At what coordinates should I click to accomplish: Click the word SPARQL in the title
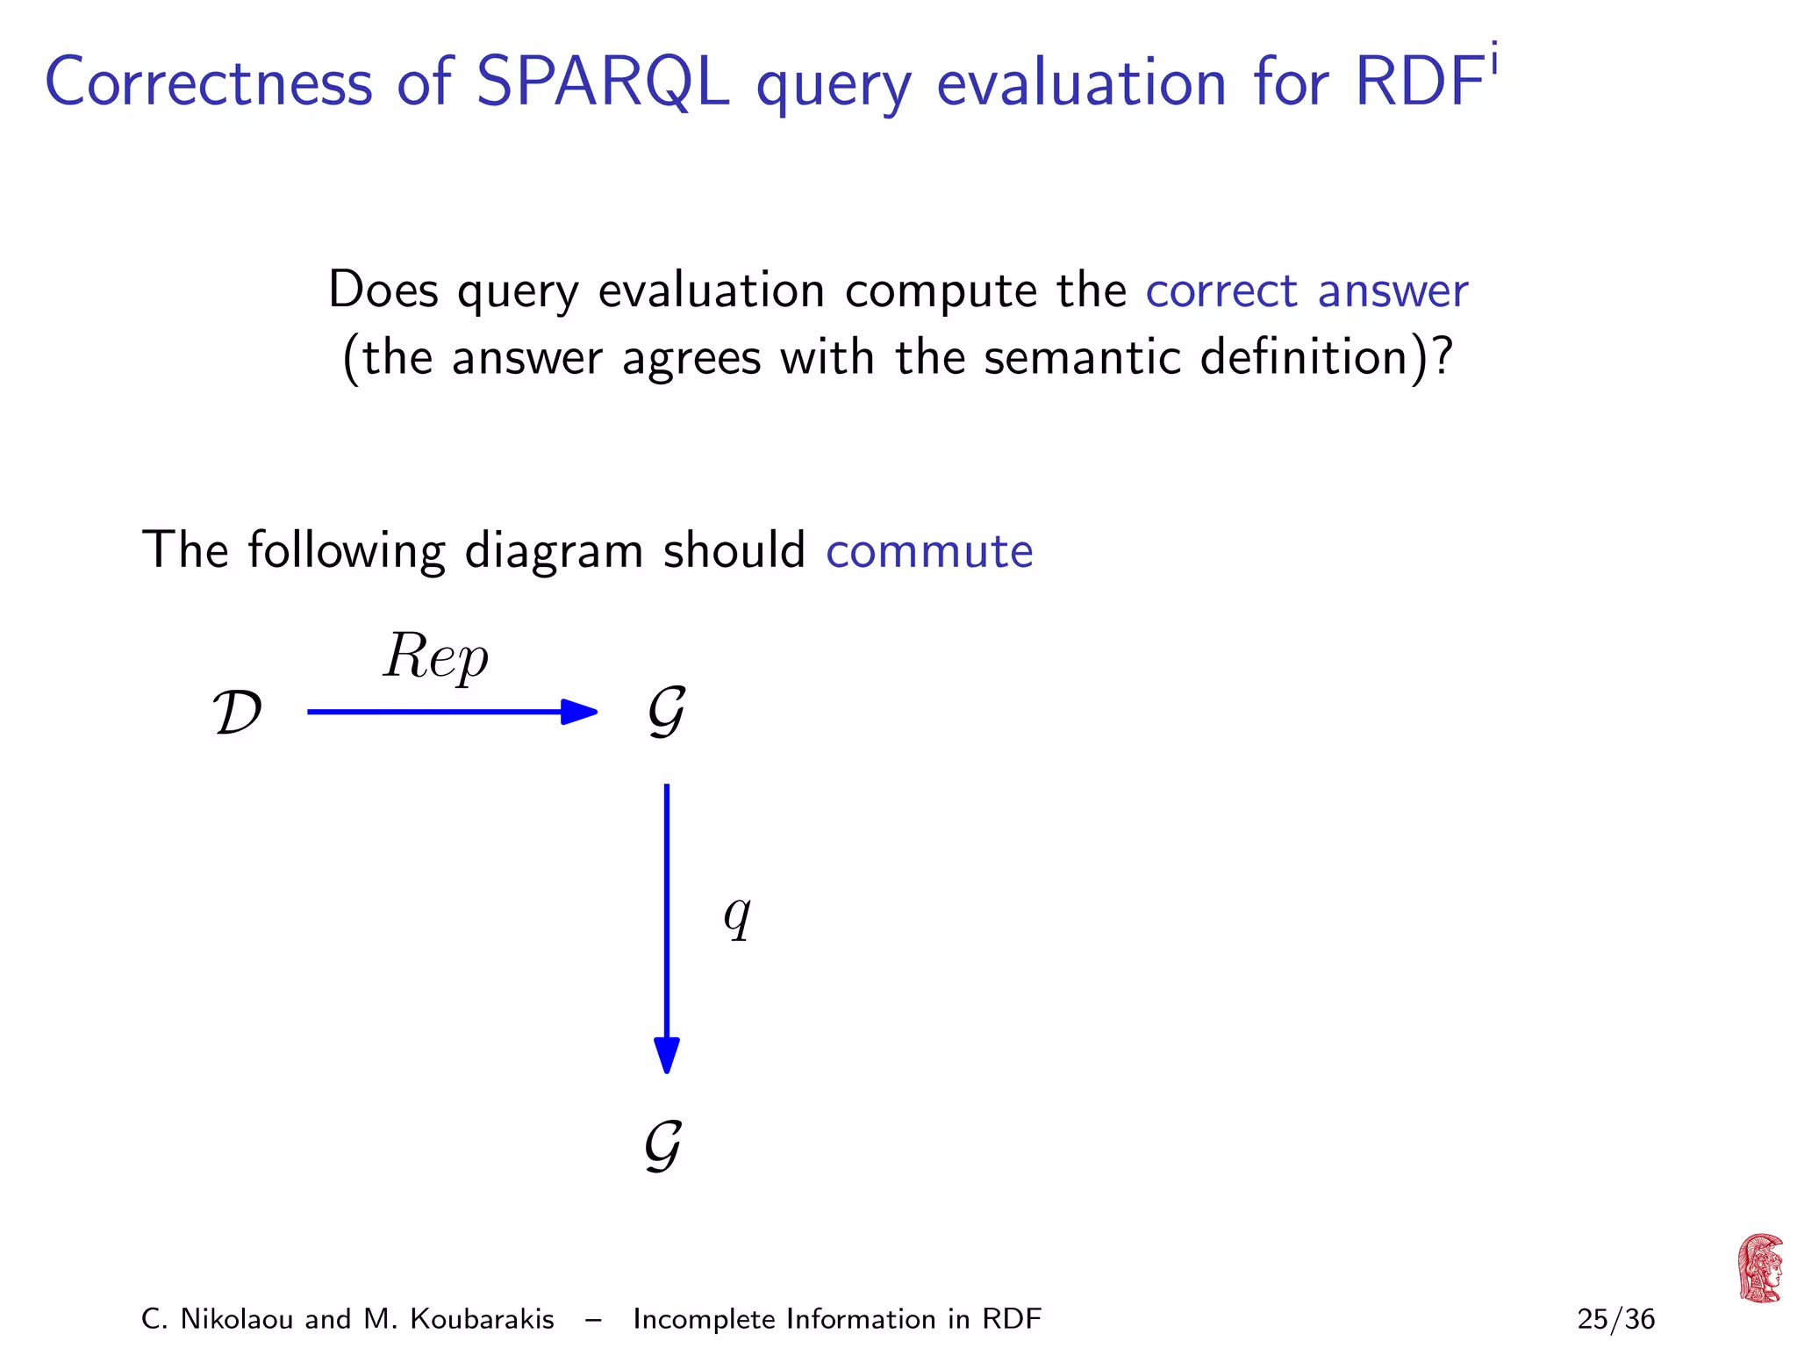pos(602,82)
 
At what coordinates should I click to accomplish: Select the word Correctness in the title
pos(209,82)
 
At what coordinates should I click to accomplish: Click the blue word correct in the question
pos(1221,291)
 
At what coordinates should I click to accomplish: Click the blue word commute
pos(929,551)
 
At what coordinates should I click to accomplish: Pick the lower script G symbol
pos(663,1144)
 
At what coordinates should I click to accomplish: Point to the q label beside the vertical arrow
pos(737,916)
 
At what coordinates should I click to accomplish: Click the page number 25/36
pos(1615,1318)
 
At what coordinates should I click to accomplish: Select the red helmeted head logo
pos(1760,1267)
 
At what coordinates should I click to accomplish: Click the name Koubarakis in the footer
pos(482,1318)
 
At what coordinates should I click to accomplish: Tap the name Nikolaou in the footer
pos(236,1318)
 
